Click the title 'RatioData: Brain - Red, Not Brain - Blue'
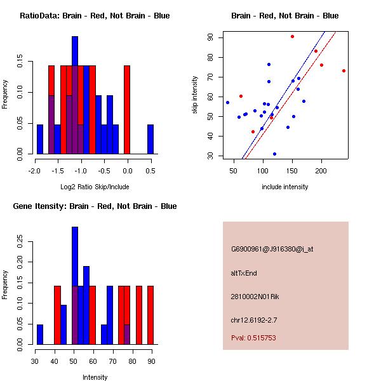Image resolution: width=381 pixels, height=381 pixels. (95, 15)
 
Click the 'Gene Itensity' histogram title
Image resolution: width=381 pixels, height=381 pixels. (95, 206)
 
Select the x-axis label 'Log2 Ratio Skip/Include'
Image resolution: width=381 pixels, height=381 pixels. (95, 186)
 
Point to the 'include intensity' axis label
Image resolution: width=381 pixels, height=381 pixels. (284, 186)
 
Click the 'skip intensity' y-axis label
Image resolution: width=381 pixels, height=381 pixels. (196, 95)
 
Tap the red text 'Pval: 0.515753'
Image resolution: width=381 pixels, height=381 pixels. (253, 338)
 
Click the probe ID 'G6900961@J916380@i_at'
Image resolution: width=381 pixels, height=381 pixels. (272, 249)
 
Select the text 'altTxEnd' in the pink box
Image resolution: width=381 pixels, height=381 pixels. (244, 273)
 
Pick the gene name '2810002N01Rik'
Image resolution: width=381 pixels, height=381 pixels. (255, 297)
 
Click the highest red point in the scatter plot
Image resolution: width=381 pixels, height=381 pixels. (292, 36)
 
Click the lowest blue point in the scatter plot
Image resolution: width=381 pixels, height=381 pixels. (274, 154)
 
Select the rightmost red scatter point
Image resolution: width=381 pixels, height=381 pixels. (344, 70)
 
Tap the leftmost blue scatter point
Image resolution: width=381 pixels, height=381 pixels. (227, 102)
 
